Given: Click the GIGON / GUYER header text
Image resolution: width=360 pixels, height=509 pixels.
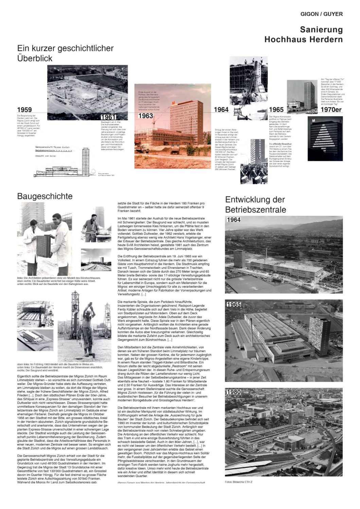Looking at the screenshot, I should point(321,14).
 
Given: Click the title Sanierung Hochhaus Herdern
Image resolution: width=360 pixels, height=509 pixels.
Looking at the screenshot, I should point(304,35).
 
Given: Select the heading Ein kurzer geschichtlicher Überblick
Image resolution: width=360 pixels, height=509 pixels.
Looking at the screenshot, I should point(65,53).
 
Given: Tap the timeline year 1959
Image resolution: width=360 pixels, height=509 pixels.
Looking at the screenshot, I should point(24,110).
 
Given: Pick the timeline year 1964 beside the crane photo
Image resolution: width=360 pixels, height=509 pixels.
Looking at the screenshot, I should point(221,110).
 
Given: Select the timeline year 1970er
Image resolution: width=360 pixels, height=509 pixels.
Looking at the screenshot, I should point(331,110).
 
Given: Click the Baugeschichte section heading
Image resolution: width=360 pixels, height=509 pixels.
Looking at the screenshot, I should point(45,196).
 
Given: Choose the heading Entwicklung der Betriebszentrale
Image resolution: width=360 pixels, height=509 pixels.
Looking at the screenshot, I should point(255,204).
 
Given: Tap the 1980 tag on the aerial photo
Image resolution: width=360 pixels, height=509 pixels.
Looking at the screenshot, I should point(234,392).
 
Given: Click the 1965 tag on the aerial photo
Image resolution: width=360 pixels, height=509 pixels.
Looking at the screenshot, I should point(234,304).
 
